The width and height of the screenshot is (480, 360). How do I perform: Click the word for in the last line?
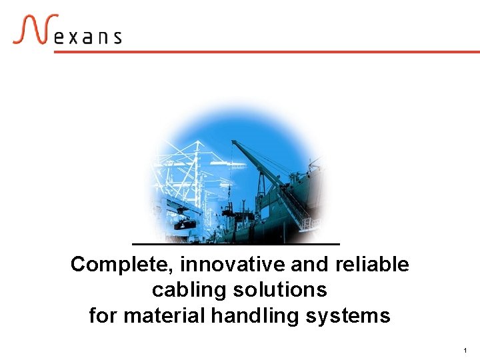103,315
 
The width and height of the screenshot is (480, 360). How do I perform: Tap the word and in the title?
309,265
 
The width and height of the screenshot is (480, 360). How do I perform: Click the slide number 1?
465,350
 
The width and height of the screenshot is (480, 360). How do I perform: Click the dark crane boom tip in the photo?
234,143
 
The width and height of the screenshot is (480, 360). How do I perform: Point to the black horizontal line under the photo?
236,244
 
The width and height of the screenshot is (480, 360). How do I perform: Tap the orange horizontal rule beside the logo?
267,51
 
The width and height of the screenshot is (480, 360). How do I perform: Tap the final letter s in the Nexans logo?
117,37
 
